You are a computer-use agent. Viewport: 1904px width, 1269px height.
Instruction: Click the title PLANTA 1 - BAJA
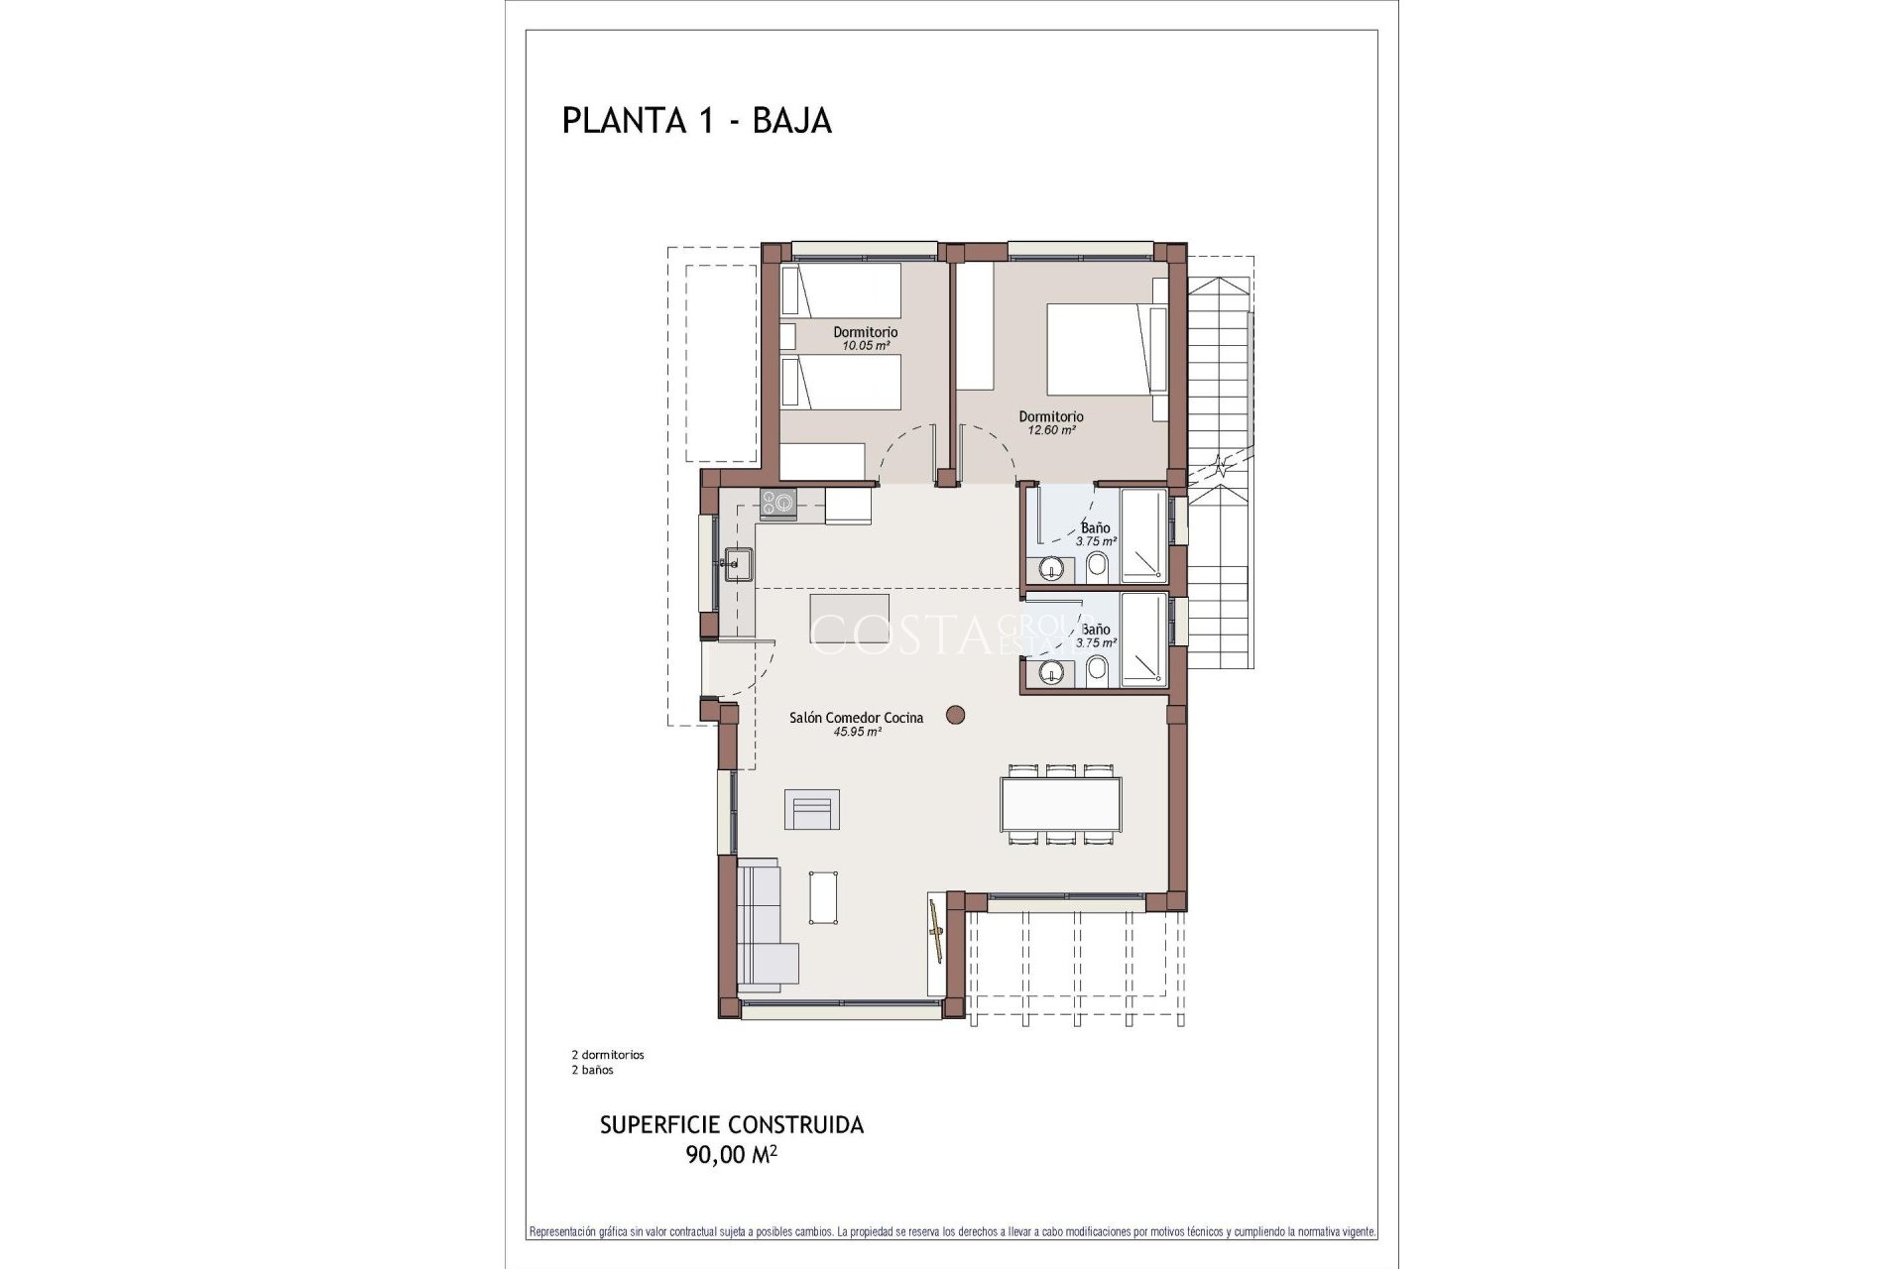(696, 121)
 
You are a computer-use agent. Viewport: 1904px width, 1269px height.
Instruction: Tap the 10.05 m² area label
(865, 346)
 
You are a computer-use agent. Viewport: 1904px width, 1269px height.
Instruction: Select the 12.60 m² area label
(1051, 431)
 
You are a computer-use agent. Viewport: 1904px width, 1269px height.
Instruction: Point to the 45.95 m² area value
(858, 733)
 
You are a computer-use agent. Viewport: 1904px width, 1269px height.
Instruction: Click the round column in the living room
(955, 714)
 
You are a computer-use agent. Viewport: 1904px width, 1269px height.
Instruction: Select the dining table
(1060, 804)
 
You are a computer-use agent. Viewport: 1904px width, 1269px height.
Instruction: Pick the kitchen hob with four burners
(778, 503)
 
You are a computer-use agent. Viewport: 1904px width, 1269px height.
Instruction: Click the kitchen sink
(737, 564)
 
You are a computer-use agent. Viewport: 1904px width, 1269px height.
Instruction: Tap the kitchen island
(849, 619)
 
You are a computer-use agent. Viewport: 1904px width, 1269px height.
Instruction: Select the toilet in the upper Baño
(1097, 569)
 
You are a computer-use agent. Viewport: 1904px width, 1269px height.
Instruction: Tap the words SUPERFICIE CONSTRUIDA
(732, 1125)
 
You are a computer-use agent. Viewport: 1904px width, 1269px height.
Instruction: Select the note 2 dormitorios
(608, 1055)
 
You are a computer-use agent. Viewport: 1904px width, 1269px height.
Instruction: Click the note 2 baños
(593, 1070)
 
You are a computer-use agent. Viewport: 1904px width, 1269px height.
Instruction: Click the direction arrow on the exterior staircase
(1222, 466)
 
